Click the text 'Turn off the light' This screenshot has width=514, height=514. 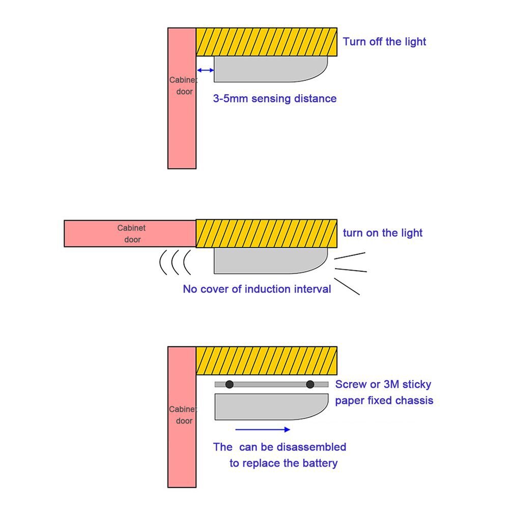384,42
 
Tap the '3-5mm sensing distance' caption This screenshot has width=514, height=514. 274,98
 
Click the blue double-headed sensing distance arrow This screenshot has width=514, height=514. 205,70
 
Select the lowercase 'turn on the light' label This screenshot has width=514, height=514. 382,233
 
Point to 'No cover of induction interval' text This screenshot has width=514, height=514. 256,289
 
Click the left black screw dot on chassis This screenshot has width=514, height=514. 230,384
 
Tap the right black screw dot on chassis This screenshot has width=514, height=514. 310,384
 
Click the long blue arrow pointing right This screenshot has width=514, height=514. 263,430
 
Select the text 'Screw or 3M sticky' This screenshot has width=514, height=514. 383,384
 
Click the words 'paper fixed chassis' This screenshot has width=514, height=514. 384,401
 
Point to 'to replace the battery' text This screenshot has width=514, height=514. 283,463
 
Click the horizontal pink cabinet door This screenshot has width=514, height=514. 130,234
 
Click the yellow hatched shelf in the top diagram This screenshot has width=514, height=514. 266,42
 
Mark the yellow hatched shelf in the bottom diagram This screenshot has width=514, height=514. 266,360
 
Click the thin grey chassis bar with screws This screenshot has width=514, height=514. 270,384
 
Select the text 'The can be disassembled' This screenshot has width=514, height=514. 279,447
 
